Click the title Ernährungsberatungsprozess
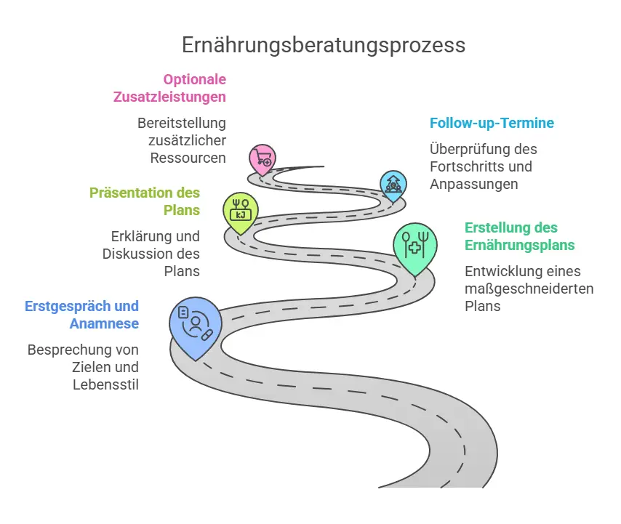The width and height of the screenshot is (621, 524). click(323, 45)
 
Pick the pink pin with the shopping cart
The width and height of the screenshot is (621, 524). click(262, 157)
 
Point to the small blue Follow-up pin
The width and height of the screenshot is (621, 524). click(393, 186)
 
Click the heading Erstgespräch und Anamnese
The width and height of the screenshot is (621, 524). click(81, 315)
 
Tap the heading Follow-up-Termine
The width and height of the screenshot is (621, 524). click(492, 123)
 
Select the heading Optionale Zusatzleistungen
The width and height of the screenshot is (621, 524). click(169, 88)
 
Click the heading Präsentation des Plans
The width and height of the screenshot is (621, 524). click(145, 201)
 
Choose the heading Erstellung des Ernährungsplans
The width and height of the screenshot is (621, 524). click(520, 236)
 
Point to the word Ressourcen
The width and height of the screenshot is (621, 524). click(188, 158)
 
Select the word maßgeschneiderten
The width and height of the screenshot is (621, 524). click(529, 289)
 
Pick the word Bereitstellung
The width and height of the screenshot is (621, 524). click(182, 123)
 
